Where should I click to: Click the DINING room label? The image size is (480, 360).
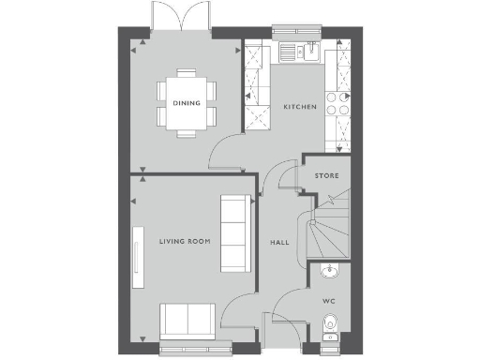(x=186, y=103)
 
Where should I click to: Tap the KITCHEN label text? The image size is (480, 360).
(x=300, y=108)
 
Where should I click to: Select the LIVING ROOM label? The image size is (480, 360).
(x=184, y=241)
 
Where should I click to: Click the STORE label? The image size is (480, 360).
(x=327, y=175)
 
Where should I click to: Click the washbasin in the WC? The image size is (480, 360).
(x=328, y=272)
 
